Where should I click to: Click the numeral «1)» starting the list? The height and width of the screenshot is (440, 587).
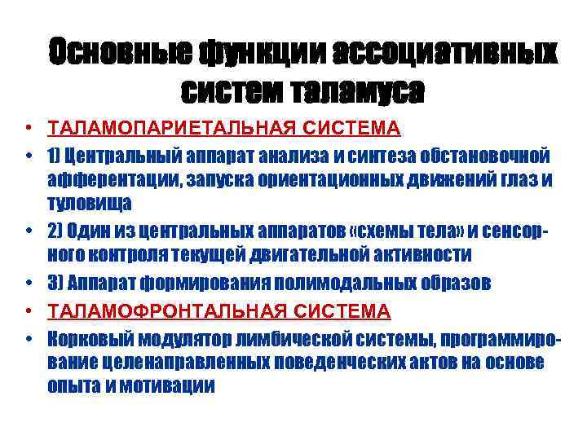(x=55, y=155)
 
